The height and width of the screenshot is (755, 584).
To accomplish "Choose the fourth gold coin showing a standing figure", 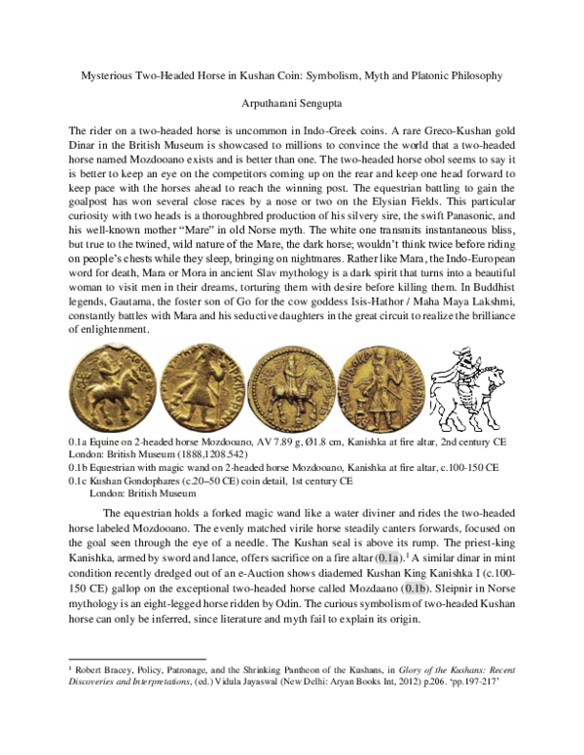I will tap(383, 397).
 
